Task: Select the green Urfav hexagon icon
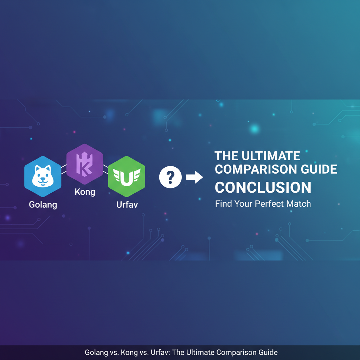point(127,176)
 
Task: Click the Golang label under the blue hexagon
point(43,205)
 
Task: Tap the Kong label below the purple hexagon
point(85,192)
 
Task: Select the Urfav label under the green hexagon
point(127,205)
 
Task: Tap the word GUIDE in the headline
point(317,169)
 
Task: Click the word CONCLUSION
point(263,187)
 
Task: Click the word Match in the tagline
point(298,204)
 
